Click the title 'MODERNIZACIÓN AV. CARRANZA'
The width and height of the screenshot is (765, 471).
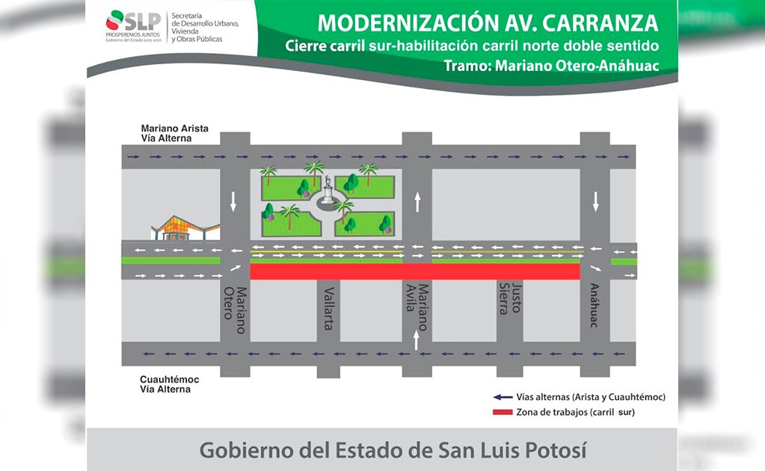[488, 22]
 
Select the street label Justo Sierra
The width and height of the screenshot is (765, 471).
[511, 299]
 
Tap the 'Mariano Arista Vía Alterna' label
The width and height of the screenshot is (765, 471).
[174, 133]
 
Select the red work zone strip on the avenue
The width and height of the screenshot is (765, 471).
[415, 271]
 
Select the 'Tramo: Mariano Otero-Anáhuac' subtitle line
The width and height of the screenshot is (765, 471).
[550, 66]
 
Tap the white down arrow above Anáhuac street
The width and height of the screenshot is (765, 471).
[595, 200]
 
